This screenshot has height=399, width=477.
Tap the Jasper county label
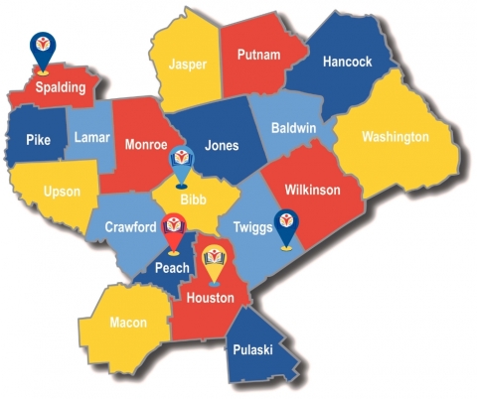pos(188,64)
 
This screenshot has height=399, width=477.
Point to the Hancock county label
pos(347,62)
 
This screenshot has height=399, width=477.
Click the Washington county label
pos(395,136)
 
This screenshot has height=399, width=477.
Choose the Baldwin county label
pos(293,128)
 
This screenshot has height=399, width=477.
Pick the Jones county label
pos(221,145)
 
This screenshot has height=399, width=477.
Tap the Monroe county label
pos(146,145)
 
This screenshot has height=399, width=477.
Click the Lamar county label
pos(92,138)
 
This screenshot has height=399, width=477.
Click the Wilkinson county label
pos(313,190)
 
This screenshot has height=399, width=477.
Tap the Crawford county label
pos(130,227)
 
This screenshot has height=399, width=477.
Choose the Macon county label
pos(127,322)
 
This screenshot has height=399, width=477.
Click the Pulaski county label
pos(255,348)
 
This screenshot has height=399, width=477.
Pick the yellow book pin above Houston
pos(214,261)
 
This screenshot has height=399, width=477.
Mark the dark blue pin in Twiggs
pos(286,225)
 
